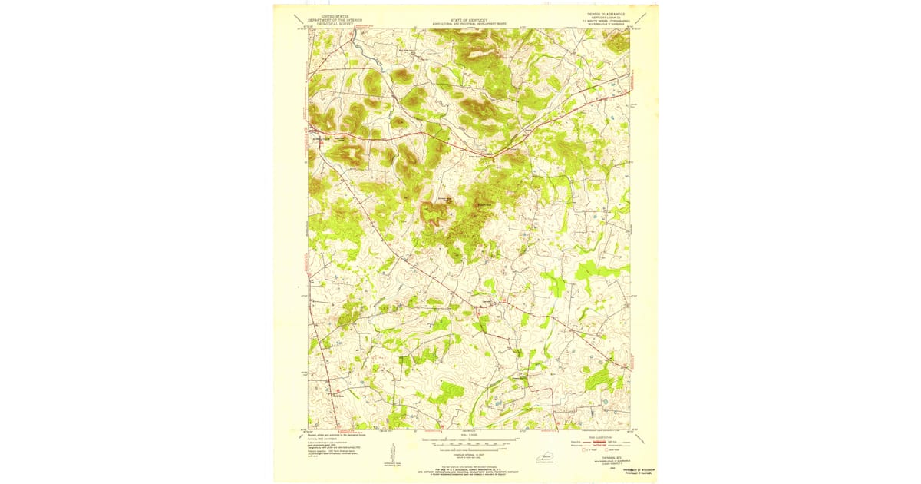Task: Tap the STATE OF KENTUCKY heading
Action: pyautogui.click(x=468, y=19)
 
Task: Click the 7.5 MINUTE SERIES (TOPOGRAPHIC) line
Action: pyautogui.click(x=606, y=22)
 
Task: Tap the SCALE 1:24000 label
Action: pyautogui.click(x=469, y=437)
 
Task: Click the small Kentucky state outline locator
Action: pyautogui.click(x=543, y=458)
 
